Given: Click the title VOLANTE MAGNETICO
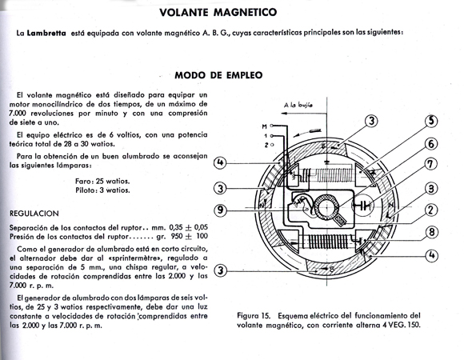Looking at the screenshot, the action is pyautogui.click(x=218, y=13).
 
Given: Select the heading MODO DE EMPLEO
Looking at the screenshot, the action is pyautogui.click(x=218, y=75).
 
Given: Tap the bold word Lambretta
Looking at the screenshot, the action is pyautogui.click(x=46, y=33).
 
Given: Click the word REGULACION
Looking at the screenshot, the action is pyautogui.click(x=34, y=214).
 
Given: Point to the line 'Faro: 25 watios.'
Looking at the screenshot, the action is pyautogui.click(x=102, y=181).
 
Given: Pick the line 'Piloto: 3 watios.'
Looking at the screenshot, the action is pyautogui.click(x=102, y=190).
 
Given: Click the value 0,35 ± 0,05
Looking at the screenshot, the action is pyautogui.click(x=188, y=227).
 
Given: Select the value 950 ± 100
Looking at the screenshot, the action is pyautogui.click(x=189, y=236).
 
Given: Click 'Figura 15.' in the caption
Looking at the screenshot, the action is pyautogui.click(x=254, y=316).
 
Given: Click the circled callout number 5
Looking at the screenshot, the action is pyautogui.click(x=431, y=121).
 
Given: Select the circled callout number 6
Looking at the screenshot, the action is pyautogui.click(x=431, y=144).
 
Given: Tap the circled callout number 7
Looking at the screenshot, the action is pyautogui.click(x=430, y=163).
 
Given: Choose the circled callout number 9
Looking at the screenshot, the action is pyautogui.click(x=220, y=210).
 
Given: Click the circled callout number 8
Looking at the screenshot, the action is pyautogui.click(x=432, y=232).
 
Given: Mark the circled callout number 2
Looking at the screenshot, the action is pyautogui.click(x=431, y=210).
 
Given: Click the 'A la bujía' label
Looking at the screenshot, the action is pyautogui.click(x=298, y=105).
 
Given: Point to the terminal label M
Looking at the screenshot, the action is pyautogui.click(x=264, y=126).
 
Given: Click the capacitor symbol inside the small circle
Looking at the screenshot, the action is pyautogui.click(x=362, y=205).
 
